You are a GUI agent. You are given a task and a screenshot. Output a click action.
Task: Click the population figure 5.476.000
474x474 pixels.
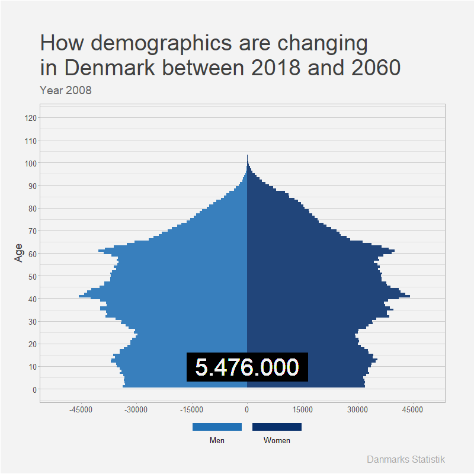click(x=247, y=367)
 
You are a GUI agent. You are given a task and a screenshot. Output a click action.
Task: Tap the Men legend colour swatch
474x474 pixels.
click(x=217, y=427)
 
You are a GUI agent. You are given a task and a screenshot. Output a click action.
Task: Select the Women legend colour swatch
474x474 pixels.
click(x=277, y=427)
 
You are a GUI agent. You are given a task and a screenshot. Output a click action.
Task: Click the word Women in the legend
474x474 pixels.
click(x=277, y=441)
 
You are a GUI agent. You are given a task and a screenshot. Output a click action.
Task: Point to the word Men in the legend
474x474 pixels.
click(x=217, y=441)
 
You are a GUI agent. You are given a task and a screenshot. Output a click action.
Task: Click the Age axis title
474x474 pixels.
click(x=19, y=253)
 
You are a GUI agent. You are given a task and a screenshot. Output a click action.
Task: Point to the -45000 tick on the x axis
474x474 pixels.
click(x=81, y=409)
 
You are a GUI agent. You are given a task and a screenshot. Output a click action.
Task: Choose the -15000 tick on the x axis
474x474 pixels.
click(x=192, y=409)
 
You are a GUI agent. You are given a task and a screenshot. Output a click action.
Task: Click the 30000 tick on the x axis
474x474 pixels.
click(x=357, y=409)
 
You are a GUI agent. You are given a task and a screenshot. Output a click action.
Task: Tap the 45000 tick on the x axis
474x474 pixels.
click(x=412, y=409)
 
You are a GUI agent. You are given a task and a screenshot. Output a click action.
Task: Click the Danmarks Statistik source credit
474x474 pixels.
click(x=406, y=460)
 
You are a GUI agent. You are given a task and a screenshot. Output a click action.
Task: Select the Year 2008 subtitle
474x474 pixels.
click(x=65, y=91)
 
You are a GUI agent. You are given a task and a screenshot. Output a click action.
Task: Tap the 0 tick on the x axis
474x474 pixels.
click(x=247, y=409)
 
